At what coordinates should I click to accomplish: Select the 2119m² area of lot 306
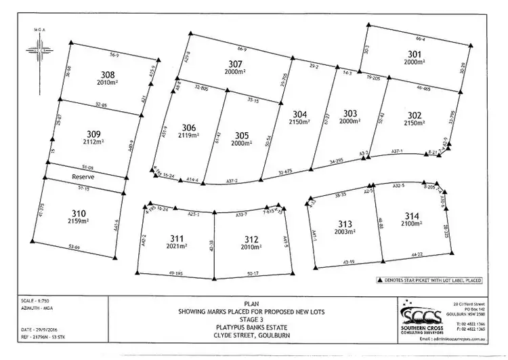pos(189,136)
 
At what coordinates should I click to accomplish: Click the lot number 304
pos(300,113)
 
